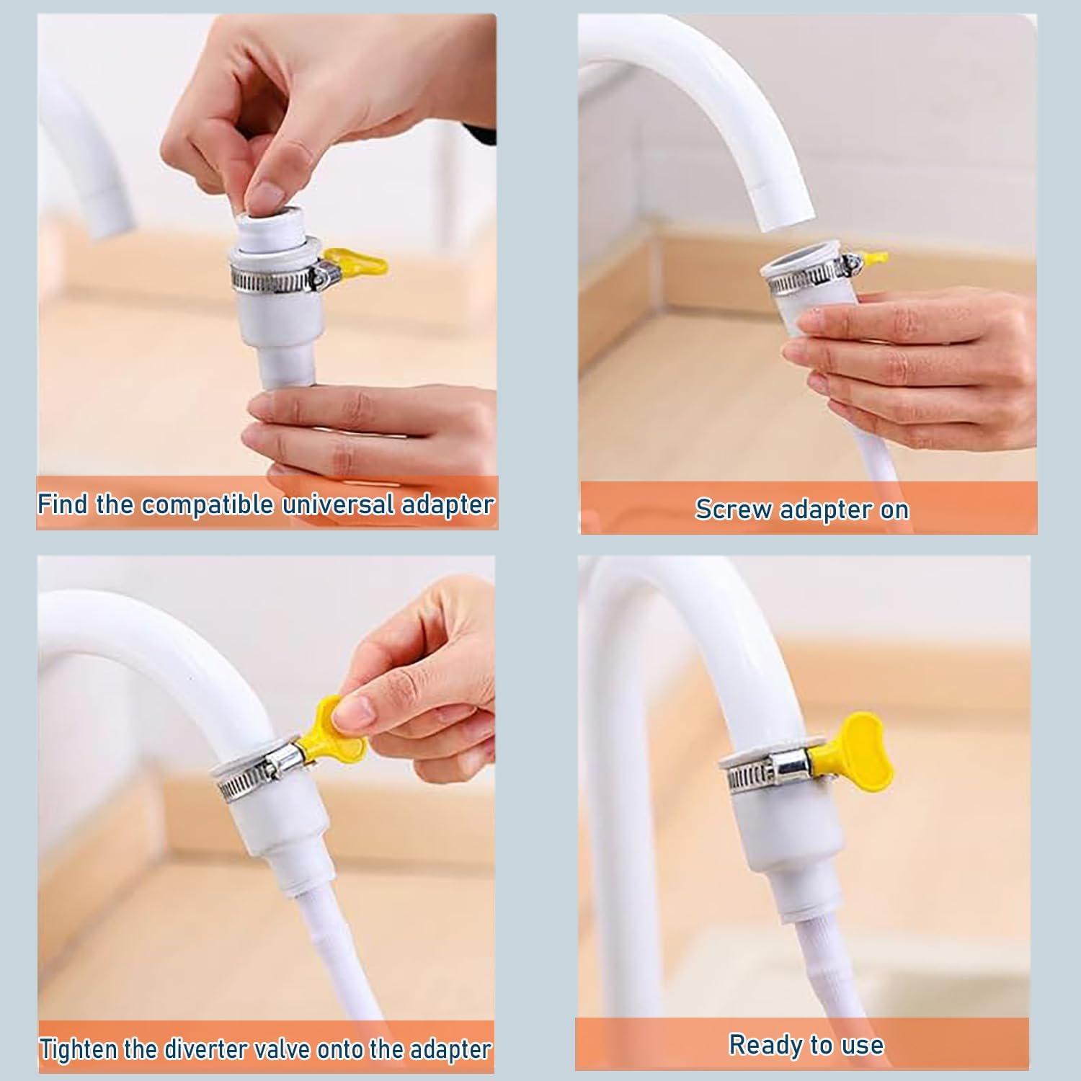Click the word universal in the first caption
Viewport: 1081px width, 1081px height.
(339, 504)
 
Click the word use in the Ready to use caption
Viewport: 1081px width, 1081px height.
(862, 1044)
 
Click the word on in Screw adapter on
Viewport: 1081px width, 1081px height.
(894, 509)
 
